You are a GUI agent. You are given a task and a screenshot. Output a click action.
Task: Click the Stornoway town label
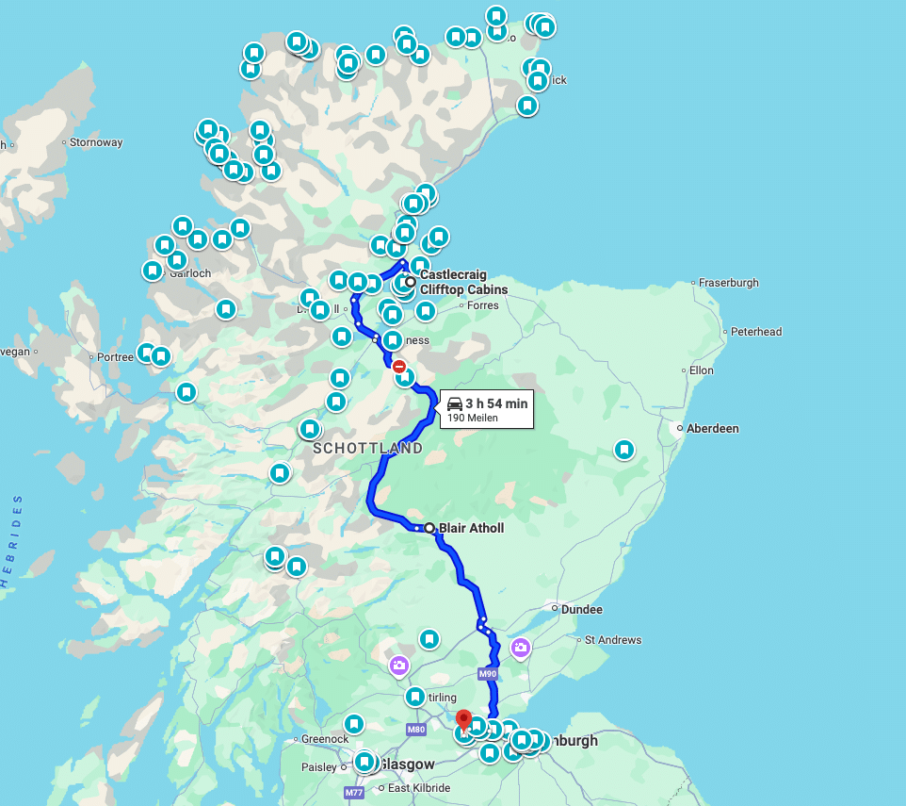96,143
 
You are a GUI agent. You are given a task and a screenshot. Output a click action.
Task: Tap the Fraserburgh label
729,283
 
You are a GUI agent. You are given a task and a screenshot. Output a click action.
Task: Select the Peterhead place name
756,332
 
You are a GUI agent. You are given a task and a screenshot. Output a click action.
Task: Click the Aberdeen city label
713,429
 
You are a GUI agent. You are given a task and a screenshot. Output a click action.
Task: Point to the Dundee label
581,610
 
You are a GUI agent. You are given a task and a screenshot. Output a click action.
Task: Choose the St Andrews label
613,640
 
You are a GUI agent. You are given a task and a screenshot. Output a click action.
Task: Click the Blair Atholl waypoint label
471,528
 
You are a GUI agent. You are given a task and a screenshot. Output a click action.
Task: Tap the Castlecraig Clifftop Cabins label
463,282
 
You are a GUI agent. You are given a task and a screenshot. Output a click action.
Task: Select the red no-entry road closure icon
399,366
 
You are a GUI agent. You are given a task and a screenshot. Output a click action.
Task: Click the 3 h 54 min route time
496,403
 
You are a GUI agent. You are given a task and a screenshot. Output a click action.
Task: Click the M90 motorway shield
487,674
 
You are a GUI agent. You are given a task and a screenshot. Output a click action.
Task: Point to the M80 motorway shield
416,730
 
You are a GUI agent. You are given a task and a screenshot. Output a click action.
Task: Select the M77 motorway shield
354,793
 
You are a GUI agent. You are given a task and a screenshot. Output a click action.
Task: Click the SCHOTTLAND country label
367,449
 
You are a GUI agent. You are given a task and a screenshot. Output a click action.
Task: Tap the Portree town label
116,357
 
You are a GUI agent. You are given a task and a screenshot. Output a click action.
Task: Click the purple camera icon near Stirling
399,666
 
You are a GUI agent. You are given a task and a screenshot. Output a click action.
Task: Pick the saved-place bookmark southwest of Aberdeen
623,451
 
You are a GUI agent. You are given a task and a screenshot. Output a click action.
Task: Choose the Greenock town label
326,739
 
